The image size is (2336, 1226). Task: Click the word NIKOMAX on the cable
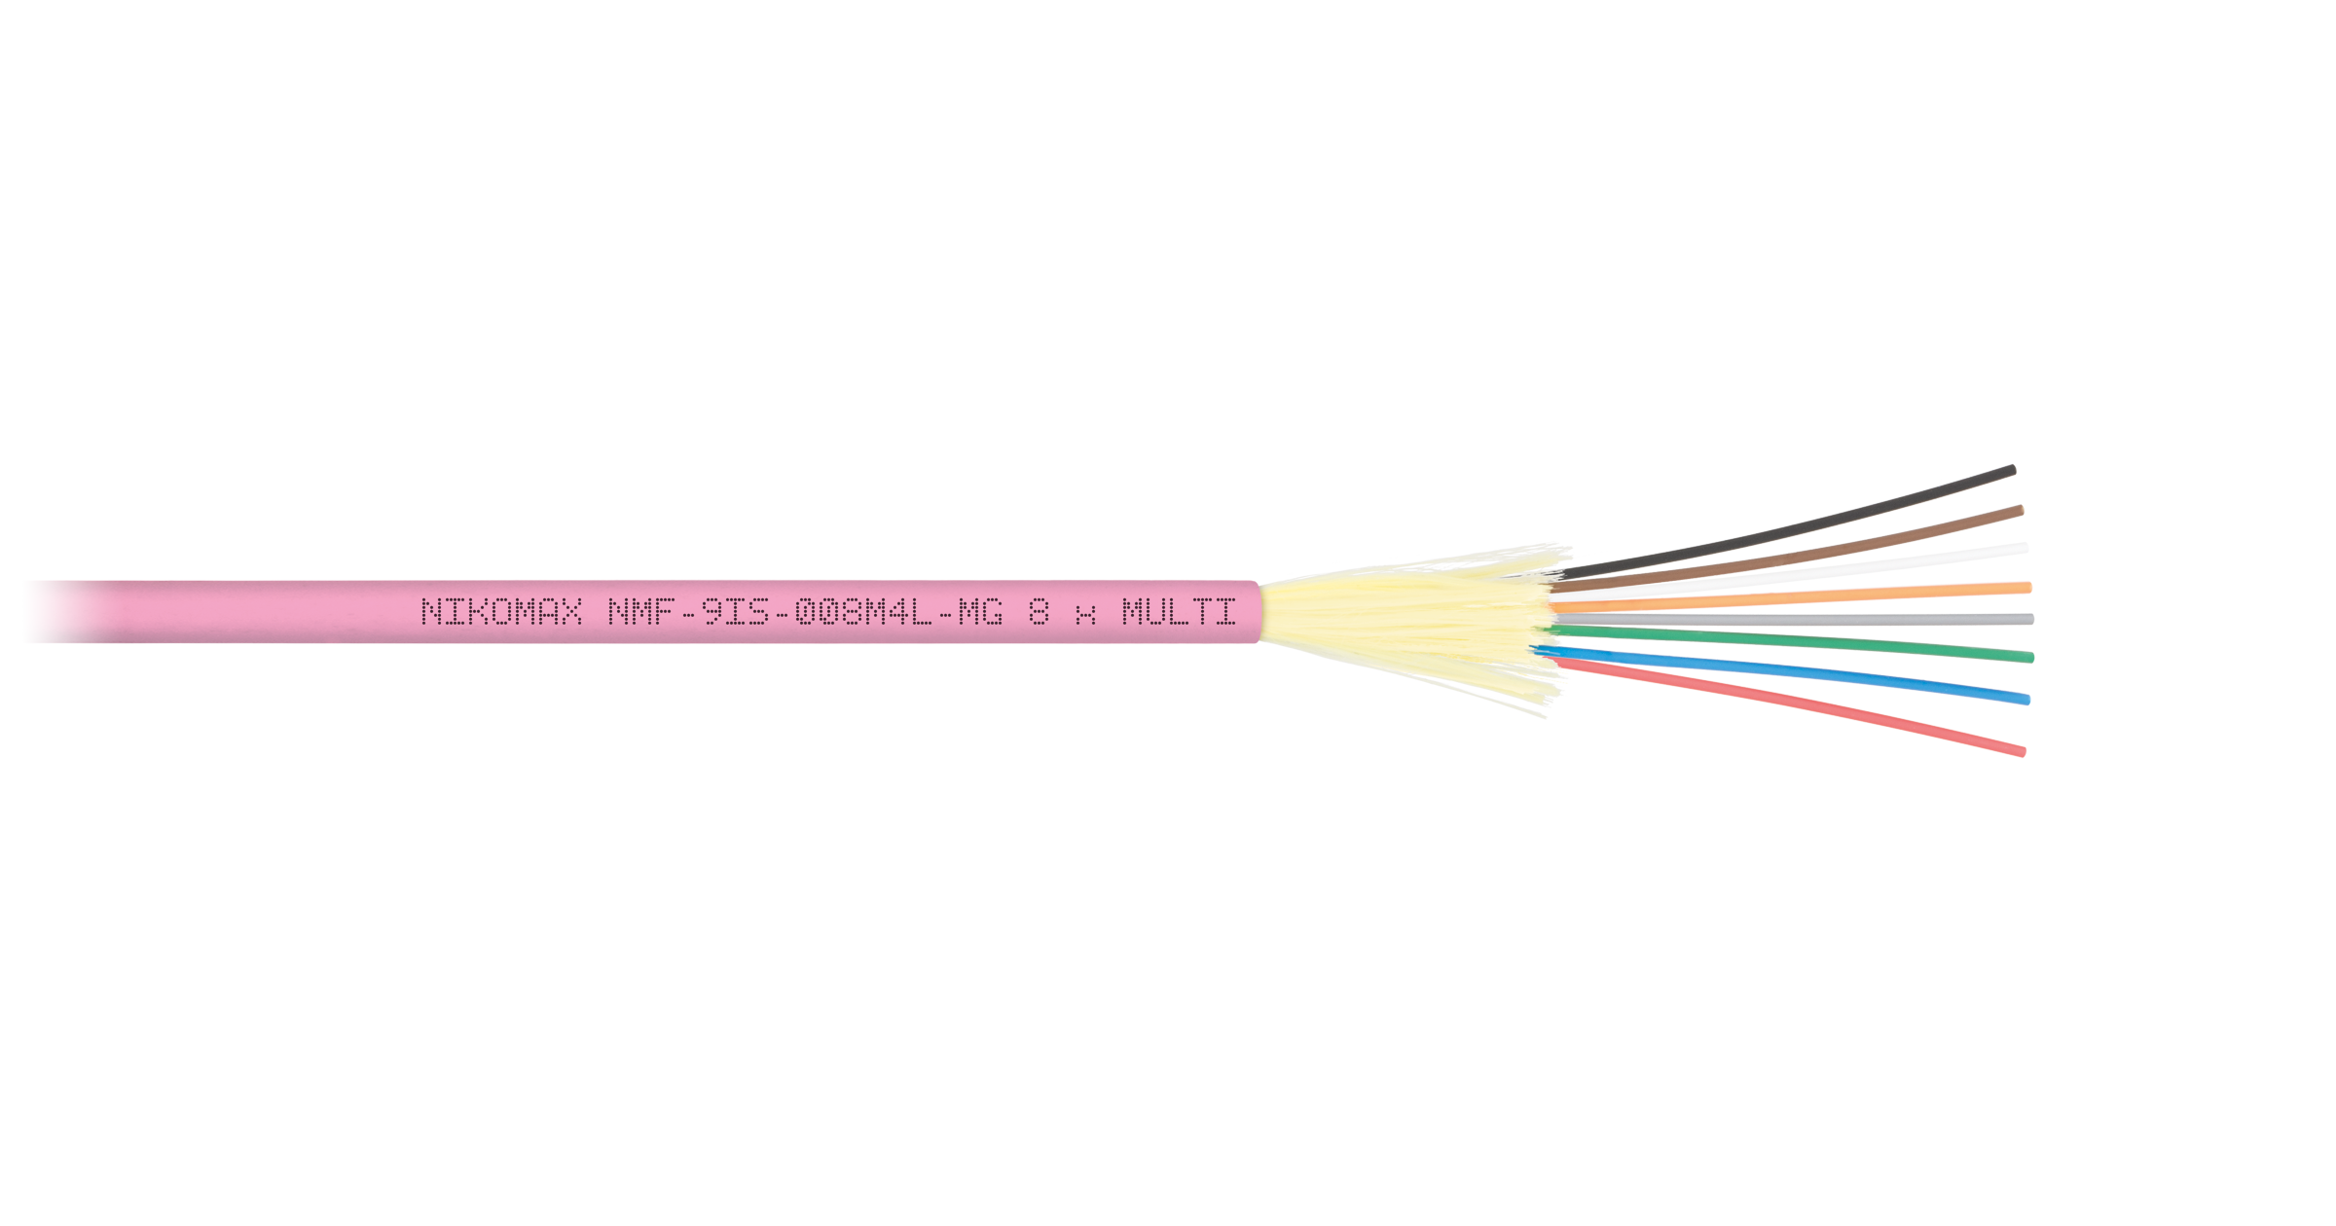502,611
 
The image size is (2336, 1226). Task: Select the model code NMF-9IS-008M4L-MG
805,611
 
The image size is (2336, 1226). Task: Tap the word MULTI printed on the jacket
1179,611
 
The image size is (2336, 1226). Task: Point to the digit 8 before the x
1039,611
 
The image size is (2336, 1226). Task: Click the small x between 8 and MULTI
1085,614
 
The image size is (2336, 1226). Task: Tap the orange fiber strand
1791,597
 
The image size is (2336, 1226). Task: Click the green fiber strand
1791,642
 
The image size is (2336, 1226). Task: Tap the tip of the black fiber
2014,470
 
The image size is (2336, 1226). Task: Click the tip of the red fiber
2024,751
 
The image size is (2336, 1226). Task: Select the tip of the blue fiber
2027,699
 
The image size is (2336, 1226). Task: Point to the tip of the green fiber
2031,658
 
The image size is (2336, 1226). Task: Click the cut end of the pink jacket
1259,612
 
